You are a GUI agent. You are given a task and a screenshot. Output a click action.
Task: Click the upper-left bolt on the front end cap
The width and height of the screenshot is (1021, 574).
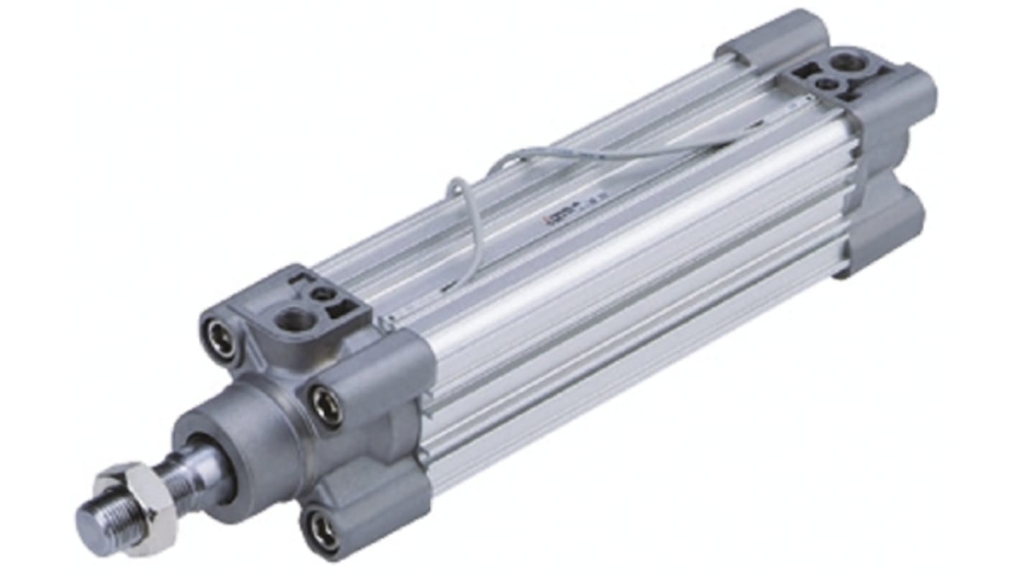220,337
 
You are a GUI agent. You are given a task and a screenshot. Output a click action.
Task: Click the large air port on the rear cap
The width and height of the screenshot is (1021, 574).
849,63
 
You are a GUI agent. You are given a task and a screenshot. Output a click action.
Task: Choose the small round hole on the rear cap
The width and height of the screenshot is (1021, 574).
828,83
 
